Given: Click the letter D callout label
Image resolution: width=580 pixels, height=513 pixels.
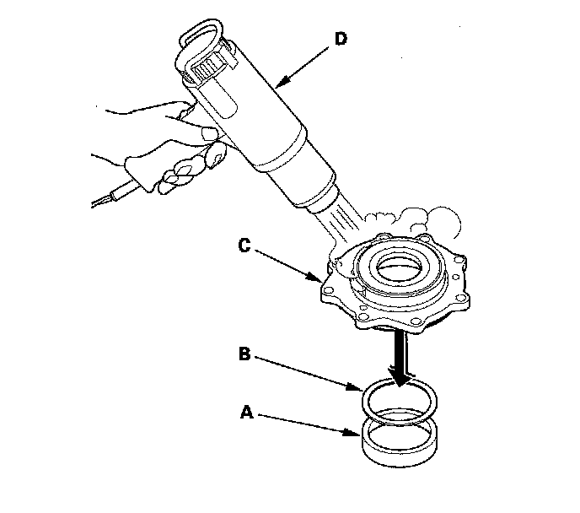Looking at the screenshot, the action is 341,39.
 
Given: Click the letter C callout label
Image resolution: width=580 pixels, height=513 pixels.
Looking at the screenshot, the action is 244,246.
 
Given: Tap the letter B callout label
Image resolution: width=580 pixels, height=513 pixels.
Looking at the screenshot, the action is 244,354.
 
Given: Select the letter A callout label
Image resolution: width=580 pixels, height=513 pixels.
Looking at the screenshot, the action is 247,412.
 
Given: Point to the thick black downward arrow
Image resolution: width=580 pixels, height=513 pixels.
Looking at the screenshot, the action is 400,358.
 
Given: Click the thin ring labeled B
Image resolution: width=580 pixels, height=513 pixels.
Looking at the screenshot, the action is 362,402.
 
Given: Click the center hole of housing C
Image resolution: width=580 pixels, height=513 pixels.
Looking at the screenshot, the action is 399,267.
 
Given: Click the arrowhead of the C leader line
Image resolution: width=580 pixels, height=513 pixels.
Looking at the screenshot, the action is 314,278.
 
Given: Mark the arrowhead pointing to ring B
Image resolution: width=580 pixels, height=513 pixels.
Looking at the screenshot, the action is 356,387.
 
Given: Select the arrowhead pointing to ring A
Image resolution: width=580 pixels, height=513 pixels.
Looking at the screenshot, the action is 352,433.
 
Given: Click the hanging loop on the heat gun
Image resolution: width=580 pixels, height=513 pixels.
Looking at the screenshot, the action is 201,31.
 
